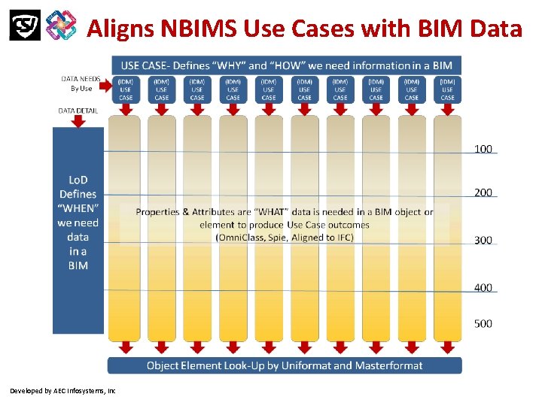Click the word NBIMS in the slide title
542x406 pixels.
tap(196, 28)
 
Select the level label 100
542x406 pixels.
tap(483, 149)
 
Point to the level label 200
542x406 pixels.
tap(483, 192)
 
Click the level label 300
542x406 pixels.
tap(483, 240)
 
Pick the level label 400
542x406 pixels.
tap(483, 287)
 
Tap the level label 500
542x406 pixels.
tap(483, 323)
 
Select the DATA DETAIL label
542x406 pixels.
tap(78, 110)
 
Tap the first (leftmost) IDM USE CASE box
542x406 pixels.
tap(126, 88)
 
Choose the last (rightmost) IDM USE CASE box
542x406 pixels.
tap(447, 88)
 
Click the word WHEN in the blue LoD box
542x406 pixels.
tap(78, 208)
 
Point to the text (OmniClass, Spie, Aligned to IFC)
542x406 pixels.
tap(284, 238)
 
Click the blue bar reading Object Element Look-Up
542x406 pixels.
tap(284, 365)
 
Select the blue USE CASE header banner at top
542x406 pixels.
tap(287, 65)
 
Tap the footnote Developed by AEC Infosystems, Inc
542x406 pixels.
tap(62, 391)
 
